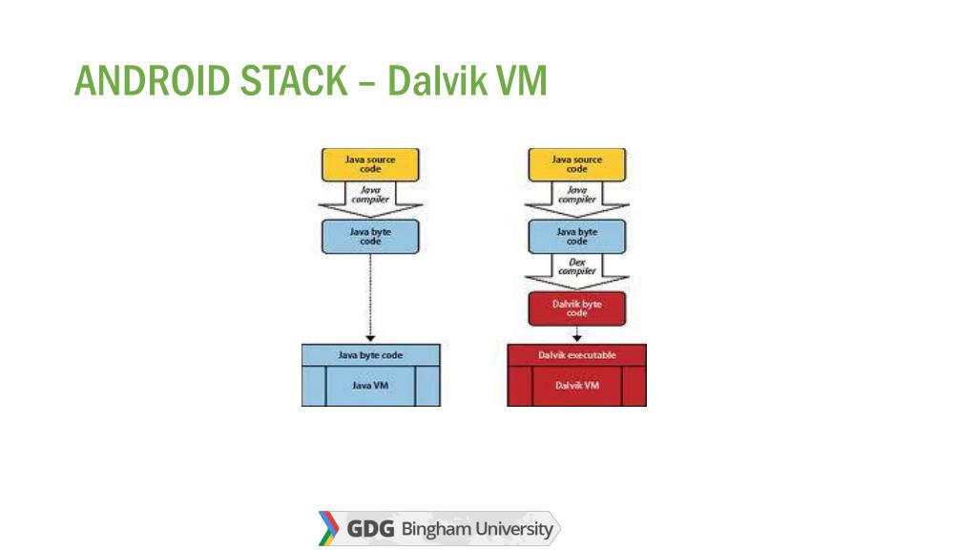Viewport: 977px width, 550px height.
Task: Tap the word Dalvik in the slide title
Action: (x=434, y=81)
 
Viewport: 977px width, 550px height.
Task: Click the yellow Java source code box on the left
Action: (x=370, y=164)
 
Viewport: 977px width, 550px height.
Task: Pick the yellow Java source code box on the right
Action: (x=576, y=164)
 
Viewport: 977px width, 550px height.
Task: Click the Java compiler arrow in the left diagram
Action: (x=370, y=197)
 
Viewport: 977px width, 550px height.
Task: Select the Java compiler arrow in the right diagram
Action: (x=576, y=197)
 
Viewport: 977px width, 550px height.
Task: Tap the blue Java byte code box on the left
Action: (x=370, y=236)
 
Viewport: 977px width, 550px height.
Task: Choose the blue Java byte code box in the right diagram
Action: (x=576, y=236)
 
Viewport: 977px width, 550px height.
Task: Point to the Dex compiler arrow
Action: (x=576, y=267)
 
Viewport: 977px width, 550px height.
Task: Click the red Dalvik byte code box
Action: (x=576, y=307)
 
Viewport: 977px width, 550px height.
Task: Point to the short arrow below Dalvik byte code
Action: (x=576, y=333)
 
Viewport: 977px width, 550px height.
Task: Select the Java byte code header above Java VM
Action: (x=370, y=355)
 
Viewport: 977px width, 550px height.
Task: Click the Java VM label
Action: (x=370, y=386)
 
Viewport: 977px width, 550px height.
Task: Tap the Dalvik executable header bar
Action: (x=576, y=355)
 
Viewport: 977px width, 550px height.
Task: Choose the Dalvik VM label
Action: (x=576, y=386)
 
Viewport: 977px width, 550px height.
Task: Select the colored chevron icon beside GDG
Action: (x=328, y=529)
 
